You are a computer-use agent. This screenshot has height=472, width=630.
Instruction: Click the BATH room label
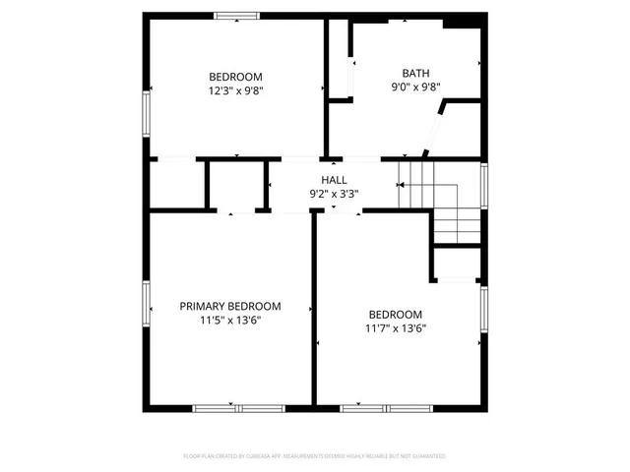415,73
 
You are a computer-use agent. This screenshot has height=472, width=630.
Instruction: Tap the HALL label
334,180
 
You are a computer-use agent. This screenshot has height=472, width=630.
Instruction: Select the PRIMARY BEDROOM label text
229,306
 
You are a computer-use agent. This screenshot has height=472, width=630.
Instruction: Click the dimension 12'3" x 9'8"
235,90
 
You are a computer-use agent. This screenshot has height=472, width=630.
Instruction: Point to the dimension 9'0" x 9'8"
415,87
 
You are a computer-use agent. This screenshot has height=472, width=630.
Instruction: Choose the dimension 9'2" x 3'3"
334,194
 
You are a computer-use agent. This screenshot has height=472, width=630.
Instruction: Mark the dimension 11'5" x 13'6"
229,320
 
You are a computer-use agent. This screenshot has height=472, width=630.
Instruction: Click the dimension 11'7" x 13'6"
395,328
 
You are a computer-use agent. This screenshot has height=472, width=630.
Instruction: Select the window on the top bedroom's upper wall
237,15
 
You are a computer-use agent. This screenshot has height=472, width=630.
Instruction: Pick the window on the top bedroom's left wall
148,113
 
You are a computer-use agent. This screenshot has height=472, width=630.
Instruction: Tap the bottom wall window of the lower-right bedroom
387,407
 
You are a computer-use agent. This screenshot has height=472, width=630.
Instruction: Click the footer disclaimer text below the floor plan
315,456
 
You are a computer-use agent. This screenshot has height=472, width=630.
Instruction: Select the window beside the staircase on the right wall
483,184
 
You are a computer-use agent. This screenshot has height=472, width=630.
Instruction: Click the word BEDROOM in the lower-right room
395,315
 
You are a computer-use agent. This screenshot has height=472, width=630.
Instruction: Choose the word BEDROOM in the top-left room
235,77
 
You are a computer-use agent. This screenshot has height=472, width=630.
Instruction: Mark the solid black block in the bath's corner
459,24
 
